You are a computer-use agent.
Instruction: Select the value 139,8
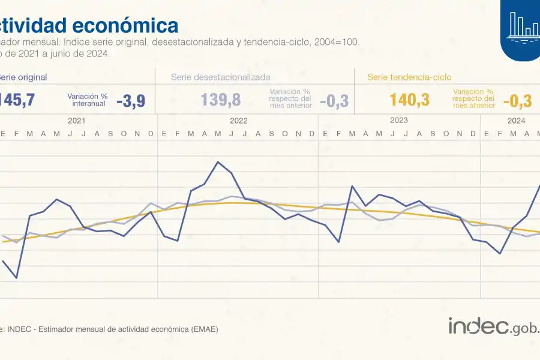[x=221, y=100]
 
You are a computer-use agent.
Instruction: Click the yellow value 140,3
[x=409, y=100]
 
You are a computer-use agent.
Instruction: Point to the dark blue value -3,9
[x=130, y=100]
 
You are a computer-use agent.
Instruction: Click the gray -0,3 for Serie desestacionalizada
[x=334, y=100]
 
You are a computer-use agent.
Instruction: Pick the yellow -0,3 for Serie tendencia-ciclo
[x=517, y=100]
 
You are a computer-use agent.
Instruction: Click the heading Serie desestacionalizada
[x=220, y=77]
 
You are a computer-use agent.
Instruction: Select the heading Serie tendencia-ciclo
[x=409, y=77]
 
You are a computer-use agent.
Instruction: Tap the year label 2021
[x=76, y=121]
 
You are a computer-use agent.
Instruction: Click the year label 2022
[x=238, y=121]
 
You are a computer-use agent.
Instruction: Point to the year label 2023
[x=399, y=121]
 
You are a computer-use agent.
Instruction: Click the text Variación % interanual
[x=88, y=100]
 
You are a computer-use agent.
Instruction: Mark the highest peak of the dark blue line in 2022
[x=218, y=162]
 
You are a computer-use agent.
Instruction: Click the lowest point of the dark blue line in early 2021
[x=16, y=278]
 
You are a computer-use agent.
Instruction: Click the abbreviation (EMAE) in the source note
[x=203, y=329]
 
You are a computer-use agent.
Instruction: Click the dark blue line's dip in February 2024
[x=500, y=253]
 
